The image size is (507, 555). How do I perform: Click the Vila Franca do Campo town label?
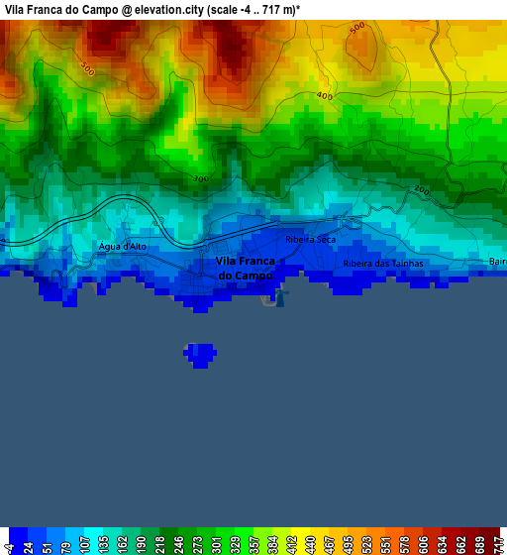(245, 268)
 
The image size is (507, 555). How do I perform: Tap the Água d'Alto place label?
(122, 246)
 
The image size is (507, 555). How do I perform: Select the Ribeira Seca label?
(310, 240)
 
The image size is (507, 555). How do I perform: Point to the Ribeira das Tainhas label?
(383, 264)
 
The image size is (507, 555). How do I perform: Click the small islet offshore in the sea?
(200, 354)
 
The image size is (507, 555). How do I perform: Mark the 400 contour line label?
(324, 96)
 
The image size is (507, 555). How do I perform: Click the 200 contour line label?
(421, 189)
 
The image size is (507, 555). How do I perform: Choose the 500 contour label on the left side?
(87, 69)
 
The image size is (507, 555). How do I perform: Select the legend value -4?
(9, 545)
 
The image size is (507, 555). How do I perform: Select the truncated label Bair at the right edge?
(497, 262)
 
